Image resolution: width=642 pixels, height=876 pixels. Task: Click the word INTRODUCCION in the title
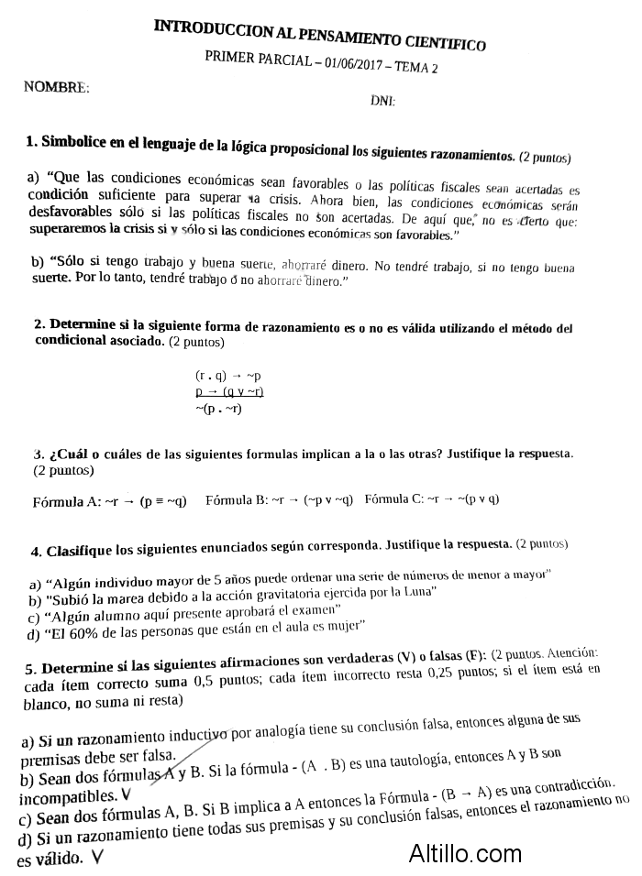pyautogui.click(x=199, y=29)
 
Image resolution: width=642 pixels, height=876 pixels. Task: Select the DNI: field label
pyautogui.click(x=382, y=101)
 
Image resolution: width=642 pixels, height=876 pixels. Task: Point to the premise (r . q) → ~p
pyautogui.click(x=228, y=376)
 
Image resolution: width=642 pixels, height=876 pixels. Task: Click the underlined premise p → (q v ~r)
pyautogui.click(x=229, y=391)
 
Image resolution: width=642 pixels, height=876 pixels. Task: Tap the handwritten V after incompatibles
pyautogui.click(x=126, y=794)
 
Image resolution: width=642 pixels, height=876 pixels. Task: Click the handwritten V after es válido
pyautogui.click(x=96, y=858)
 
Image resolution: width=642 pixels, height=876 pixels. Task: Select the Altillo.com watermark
pyautogui.click(x=467, y=853)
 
